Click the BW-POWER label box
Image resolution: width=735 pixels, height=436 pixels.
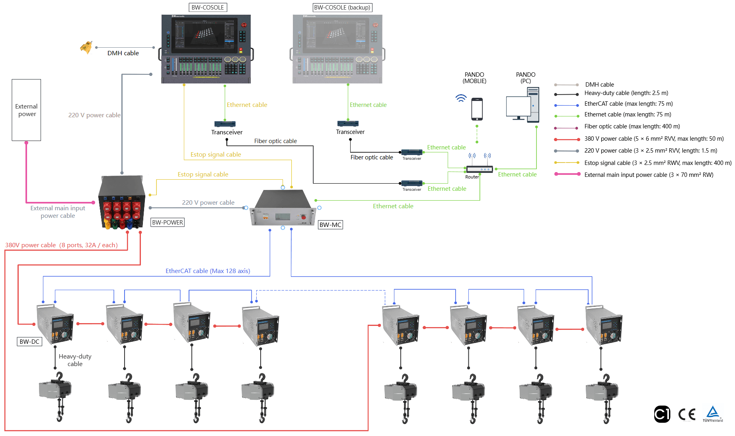(x=168, y=223)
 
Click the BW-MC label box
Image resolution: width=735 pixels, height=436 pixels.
(x=330, y=225)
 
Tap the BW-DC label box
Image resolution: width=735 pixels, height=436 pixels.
(x=29, y=342)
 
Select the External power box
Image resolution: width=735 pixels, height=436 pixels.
(x=26, y=110)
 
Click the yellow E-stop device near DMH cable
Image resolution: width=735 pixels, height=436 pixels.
(x=86, y=47)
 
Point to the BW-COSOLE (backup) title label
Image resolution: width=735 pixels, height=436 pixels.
(x=342, y=8)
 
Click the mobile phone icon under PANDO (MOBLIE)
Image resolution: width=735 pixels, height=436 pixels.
(x=477, y=109)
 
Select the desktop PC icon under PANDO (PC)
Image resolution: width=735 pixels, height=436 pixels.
(x=522, y=105)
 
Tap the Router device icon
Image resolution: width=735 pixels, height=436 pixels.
(x=480, y=169)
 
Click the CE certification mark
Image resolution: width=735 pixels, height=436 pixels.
(x=687, y=415)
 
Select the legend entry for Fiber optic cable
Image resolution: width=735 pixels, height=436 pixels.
(x=632, y=126)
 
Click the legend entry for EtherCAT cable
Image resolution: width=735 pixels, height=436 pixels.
(x=628, y=104)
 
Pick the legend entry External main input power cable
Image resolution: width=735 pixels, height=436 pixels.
(x=648, y=175)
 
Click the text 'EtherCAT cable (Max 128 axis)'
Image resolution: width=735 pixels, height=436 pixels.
(x=208, y=271)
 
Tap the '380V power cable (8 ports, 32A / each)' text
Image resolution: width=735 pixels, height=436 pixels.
(x=61, y=245)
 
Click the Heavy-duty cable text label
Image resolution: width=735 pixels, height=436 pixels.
(x=75, y=360)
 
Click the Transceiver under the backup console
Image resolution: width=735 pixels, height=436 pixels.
(x=348, y=124)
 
